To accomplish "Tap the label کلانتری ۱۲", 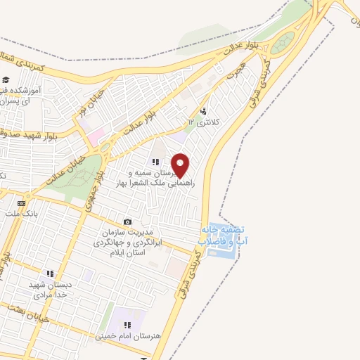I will click(203, 122).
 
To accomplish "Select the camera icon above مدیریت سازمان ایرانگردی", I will click(127, 221).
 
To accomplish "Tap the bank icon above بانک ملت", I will click(20, 202).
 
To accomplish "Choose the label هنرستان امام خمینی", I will click(128, 336).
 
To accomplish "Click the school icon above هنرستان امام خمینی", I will click(128, 325).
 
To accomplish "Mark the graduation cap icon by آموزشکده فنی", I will click(6, 80).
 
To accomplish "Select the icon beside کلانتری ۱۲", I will click(203, 111).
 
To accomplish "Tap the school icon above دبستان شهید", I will click(50, 274).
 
